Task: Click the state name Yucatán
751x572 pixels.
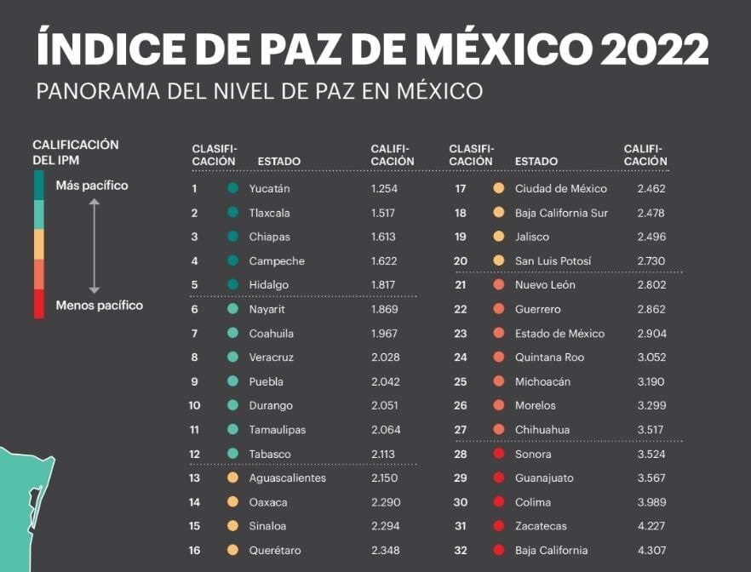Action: [x=269, y=189]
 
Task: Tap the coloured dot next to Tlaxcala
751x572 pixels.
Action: [x=232, y=213]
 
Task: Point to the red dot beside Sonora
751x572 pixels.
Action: [x=498, y=455]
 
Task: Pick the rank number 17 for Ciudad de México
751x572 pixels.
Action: [x=461, y=189]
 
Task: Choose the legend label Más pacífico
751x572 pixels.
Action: [x=92, y=186]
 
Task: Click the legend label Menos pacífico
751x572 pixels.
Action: [x=99, y=305]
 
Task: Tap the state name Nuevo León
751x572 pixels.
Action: [x=545, y=285]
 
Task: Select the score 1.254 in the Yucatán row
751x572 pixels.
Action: [x=384, y=189]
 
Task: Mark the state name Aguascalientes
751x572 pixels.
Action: [x=287, y=478]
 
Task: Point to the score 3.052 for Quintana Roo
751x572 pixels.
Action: [x=651, y=357]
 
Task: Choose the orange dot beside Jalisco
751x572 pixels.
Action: [x=498, y=237]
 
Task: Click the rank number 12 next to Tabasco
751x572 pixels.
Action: [x=194, y=455]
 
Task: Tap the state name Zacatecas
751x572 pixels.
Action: [x=541, y=527]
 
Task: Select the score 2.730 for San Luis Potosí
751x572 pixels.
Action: [x=651, y=261]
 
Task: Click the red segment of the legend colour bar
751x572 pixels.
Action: [x=39, y=303]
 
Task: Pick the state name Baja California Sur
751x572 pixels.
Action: [x=561, y=213]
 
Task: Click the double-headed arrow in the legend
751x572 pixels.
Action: [x=95, y=245]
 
